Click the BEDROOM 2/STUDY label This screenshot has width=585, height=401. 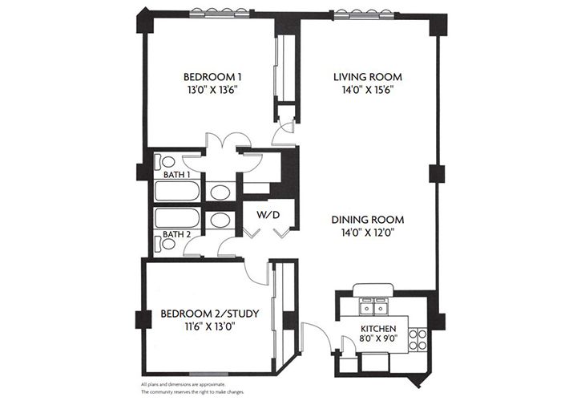pos(209,314)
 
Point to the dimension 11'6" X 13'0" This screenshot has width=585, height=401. pos(209,327)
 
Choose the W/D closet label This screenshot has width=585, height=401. pos(267,216)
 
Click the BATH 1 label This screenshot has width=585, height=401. pos(177,174)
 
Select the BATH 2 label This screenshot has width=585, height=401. pos(177,234)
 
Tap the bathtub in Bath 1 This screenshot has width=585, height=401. pos(179,192)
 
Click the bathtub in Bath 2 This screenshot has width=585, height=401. pos(179,219)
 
